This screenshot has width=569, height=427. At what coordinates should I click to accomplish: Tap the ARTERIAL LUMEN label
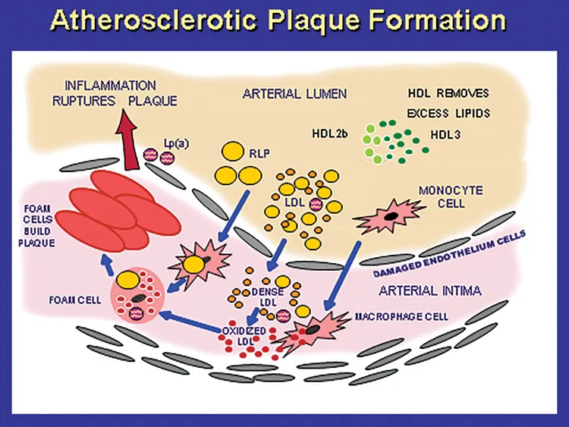(x=294, y=94)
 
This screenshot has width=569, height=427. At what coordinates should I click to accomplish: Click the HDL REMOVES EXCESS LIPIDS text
(x=448, y=103)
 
